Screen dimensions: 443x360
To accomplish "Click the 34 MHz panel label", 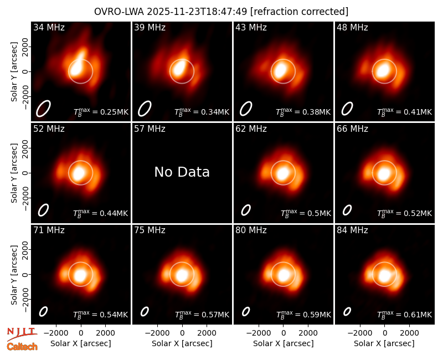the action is click(49, 27).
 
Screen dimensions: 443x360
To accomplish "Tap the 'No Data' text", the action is click(182, 172).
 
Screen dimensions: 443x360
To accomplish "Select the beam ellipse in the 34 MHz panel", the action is click(43, 109).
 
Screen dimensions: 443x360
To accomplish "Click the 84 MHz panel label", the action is click(352, 230).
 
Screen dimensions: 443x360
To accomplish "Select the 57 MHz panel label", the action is click(150, 129).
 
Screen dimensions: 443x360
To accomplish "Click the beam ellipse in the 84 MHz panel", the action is click(347, 311).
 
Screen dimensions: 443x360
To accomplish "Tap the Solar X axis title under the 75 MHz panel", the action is click(182, 343).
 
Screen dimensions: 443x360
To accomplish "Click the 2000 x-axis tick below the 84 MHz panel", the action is click(409, 333).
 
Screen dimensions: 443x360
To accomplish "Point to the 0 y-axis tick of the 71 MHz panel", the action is click(25, 274).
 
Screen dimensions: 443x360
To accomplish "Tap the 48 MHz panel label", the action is click(352, 27).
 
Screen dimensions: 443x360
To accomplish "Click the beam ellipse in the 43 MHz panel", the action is click(246, 109).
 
